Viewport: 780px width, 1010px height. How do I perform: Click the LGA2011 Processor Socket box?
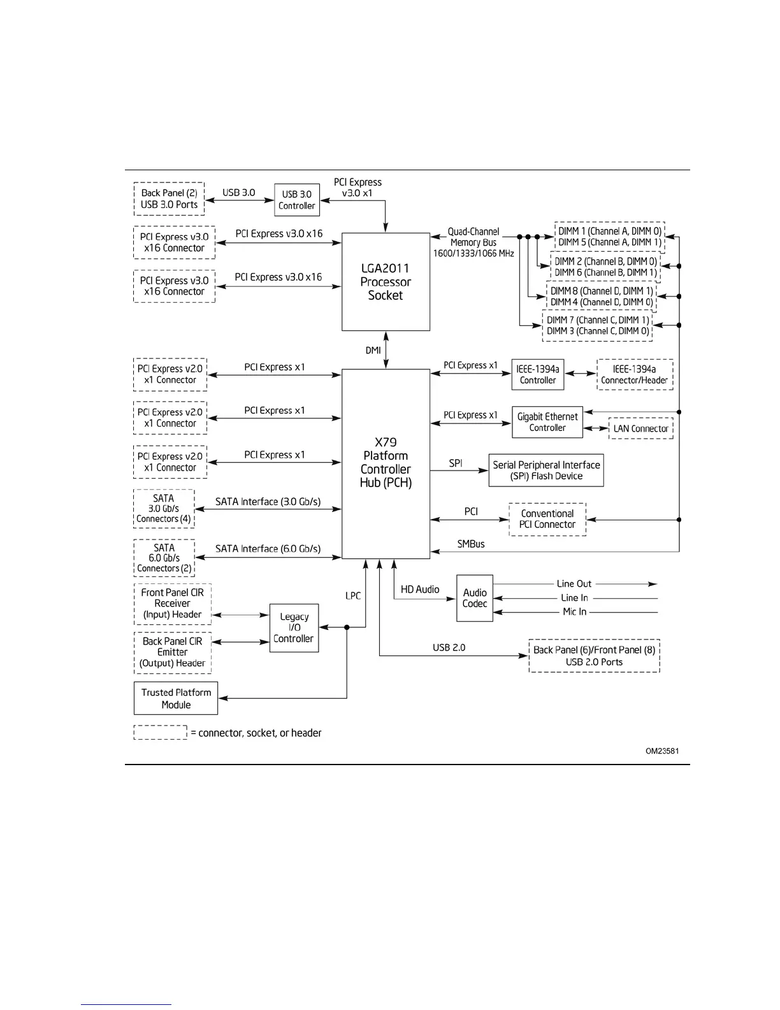click(386, 281)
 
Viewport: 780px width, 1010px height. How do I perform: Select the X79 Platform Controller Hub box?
click(386, 464)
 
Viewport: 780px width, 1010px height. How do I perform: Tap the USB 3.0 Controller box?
click(297, 200)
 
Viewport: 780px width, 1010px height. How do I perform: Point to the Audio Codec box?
click(475, 598)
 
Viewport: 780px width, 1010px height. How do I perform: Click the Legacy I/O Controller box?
click(294, 627)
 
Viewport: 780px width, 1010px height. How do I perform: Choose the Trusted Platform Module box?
click(176, 698)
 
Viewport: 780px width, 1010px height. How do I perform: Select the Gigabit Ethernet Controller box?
click(547, 422)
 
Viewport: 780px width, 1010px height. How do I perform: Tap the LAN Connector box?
click(640, 428)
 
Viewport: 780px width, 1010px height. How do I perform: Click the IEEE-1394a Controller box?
click(538, 374)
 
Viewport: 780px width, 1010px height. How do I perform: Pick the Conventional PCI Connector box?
click(547, 519)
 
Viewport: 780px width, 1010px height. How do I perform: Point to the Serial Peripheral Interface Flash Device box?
click(546, 471)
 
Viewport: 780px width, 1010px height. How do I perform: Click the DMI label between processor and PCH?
click(373, 350)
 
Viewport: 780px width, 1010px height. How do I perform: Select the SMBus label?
click(471, 544)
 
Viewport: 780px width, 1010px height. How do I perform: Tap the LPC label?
click(353, 596)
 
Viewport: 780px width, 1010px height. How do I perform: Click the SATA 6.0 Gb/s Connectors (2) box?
click(164, 558)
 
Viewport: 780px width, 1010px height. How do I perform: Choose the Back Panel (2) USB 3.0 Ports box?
click(169, 199)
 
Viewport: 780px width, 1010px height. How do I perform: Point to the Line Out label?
click(574, 583)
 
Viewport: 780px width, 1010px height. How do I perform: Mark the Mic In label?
click(574, 611)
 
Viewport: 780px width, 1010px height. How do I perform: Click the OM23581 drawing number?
click(662, 750)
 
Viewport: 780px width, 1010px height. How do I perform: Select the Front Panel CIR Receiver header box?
click(173, 603)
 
